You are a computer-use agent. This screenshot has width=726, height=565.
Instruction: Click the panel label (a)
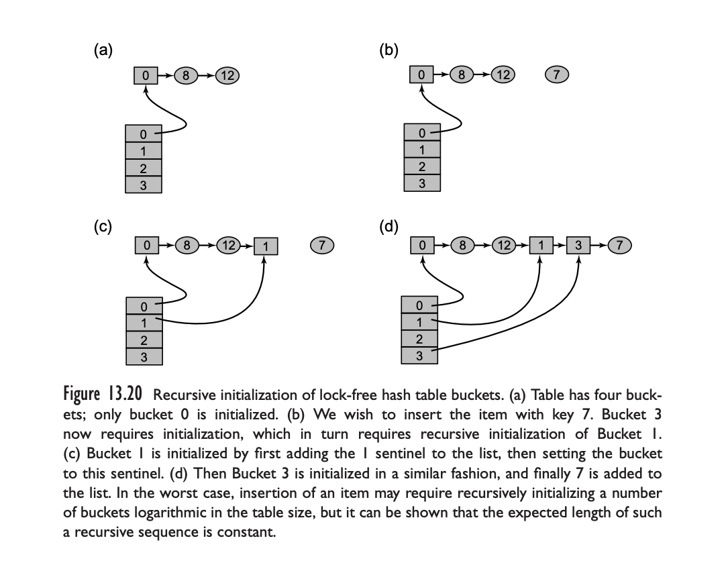click(x=103, y=49)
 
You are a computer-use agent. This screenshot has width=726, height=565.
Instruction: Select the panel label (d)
click(x=388, y=226)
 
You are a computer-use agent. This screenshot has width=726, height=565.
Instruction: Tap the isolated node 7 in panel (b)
click(x=557, y=74)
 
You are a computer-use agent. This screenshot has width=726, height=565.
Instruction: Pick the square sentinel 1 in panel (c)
click(x=266, y=246)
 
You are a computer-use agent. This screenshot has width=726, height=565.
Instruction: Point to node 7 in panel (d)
click(x=621, y=246)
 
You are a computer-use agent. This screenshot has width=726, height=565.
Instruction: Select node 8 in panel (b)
click(x=462, y=74)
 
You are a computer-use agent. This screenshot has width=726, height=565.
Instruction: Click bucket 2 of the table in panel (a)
click(x=143, y=168)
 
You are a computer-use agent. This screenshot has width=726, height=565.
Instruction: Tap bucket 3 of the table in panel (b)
click(x=421, y=182)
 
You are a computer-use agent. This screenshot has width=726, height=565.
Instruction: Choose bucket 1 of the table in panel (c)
click(x=144, y=322)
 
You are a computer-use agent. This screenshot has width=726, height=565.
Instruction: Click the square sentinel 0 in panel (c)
click(x=146, y=246)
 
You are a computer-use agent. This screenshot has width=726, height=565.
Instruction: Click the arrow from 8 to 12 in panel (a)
click(x=206, y=75)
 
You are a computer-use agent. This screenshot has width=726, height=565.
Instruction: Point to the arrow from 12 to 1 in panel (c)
click(x=247, y=246)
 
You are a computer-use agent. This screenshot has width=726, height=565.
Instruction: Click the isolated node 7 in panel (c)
click(x=323, y=246)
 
